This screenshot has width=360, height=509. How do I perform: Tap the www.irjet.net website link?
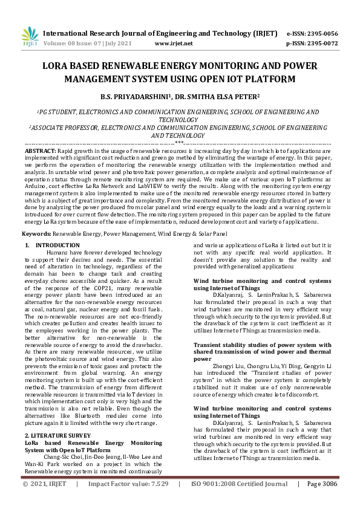tap(174, 44)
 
